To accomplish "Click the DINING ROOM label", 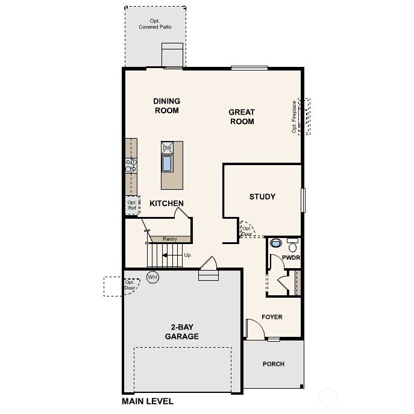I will pos(167,105).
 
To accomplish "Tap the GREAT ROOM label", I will pos(242,116).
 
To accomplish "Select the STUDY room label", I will pos(262,196).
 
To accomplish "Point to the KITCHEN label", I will pos(166,204).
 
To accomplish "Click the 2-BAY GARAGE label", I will pos(181,332).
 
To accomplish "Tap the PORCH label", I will pos(273,364).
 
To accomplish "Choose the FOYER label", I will pos(272,317).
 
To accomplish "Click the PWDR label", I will pos(290,258).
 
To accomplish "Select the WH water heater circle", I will pos(152,277).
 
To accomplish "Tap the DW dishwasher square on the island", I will pos(167,148).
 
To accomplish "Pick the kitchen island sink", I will pos(167,163).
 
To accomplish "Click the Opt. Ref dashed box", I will pos(132,205).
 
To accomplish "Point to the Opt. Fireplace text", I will pos(295,117).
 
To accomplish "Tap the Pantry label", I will pos(170,239).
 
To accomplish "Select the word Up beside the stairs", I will pos(187,255).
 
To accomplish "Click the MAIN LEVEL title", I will pos(148,401).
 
